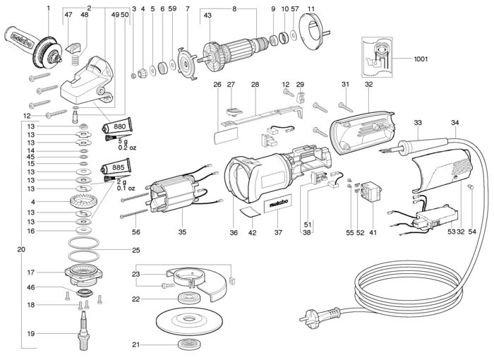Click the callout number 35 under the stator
point(182,231)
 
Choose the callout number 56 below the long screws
point(135,231)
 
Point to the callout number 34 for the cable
point(452,123)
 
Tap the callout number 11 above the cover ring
point(311,8)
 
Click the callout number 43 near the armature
point(207,16)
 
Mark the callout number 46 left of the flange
point(50,288)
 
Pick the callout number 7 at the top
point(188,8)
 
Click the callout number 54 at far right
point(472,231)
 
